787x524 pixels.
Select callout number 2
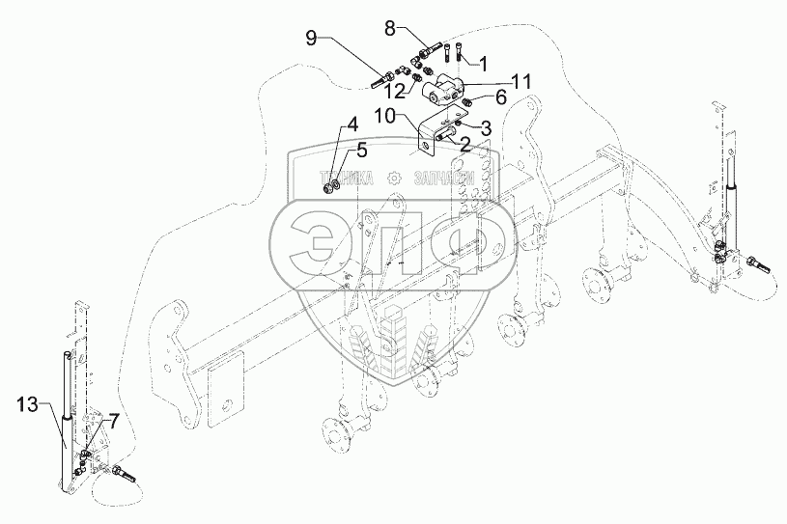pyautogui.click(x=464, y=145)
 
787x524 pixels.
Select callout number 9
pyautogui.click(x=311, y=38)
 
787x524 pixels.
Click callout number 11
pyautogui.click(x=521, y=81)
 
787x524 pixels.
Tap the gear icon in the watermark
pyautogui.click(x=394, y=179)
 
